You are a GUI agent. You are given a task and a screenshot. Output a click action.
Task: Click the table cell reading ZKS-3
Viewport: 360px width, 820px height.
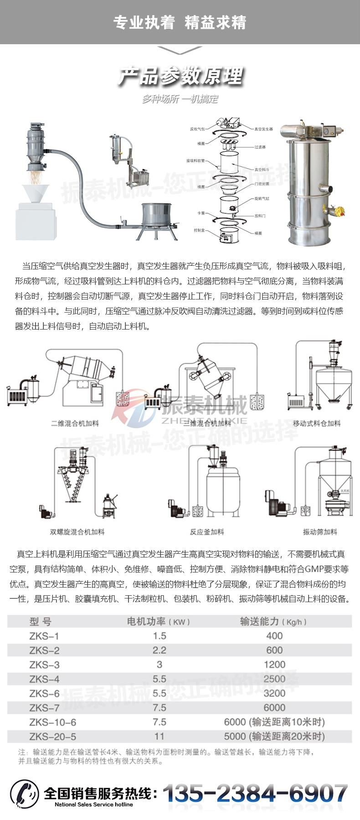[44, 665]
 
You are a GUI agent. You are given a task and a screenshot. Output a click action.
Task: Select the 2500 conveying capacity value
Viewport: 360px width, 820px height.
[274, 679]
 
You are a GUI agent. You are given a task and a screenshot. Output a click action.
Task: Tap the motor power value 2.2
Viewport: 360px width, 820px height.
[159, 650]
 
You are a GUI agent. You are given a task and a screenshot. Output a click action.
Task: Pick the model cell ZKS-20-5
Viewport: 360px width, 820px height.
[52, 736]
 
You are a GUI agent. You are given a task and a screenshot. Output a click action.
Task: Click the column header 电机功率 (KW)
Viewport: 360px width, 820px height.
[158, 621]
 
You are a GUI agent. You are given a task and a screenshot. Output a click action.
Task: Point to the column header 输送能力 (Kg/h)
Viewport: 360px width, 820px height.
[273, 621]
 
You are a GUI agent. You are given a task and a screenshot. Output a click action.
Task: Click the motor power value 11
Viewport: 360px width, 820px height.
[159, 736]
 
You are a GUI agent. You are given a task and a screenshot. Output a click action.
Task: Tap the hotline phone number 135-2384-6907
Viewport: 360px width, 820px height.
[255, 794]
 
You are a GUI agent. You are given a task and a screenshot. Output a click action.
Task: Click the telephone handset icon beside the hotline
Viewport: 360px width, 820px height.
[25, 794]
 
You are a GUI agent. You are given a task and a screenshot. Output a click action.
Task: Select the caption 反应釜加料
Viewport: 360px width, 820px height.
[207, 532]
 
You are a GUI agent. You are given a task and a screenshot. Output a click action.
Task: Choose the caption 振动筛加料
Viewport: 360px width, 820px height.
[320, 532]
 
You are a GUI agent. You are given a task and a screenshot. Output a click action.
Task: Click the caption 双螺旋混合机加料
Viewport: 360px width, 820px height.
[77, 532]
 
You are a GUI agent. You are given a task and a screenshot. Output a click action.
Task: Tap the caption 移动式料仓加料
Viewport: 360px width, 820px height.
[317, 423]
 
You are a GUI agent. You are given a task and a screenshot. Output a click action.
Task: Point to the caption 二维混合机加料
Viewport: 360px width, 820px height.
[75, 423]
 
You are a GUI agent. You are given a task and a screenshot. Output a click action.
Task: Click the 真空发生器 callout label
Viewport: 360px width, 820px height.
[263, 129]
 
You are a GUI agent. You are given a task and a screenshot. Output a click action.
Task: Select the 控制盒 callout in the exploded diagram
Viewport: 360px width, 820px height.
[199, 230]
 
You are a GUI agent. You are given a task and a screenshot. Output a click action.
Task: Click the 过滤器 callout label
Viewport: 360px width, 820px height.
[260, 147]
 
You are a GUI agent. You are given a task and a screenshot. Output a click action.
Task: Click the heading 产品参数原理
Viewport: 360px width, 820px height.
[181, 76]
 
